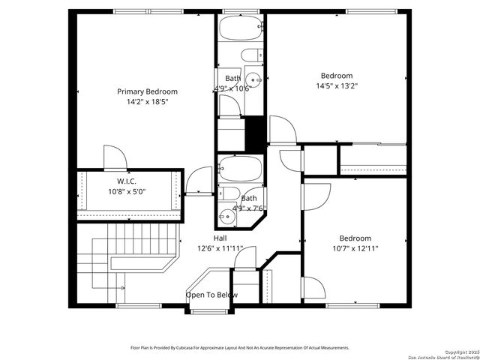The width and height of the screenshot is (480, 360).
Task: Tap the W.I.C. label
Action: click(x=126, y=181)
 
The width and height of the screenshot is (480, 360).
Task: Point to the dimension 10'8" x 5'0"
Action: click(x=126, y=191)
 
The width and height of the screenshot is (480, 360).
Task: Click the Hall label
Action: click(x=220, y=238)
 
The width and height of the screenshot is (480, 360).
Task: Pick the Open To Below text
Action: click(x=212, y=295)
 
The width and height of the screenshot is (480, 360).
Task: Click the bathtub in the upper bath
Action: click(x=240, y=28)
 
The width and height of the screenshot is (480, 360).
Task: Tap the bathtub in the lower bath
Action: click(x=239, y=170)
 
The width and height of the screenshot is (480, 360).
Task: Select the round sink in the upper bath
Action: click(x=255, y=79)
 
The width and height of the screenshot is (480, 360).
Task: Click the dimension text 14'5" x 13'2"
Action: click(x=337, y=85)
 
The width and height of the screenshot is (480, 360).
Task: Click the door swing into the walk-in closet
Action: click(x=114, y=159)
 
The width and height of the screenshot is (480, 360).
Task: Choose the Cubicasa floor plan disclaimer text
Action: click(x=240, y=348)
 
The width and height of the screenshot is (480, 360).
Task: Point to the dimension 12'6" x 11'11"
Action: click(x=220, y=248)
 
